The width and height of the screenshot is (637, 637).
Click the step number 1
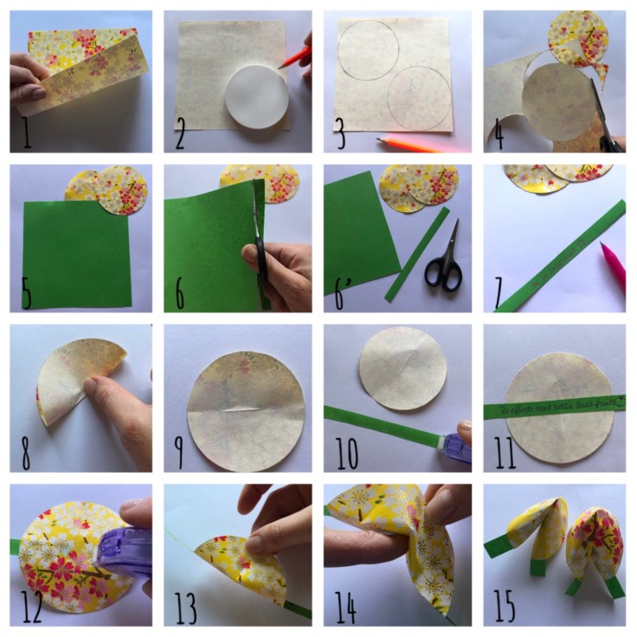click(26, 138)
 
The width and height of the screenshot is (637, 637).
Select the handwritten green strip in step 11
click(554, 406)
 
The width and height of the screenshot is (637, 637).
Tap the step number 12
click(29, 611)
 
